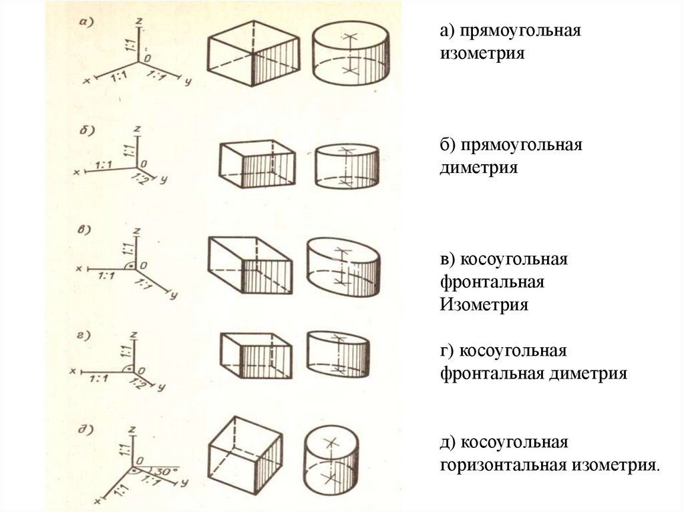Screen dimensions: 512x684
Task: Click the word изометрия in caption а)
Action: pos(482,52)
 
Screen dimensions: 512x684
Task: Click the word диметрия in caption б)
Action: pos(478,166)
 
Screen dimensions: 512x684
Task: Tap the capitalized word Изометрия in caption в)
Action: pos(484,304)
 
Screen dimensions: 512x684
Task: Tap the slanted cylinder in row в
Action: pos(343,266)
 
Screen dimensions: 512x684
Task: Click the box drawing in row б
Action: pos(257,164)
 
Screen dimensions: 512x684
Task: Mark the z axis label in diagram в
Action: pos(136,230)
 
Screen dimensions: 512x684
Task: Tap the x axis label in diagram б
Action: pos(77,172)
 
